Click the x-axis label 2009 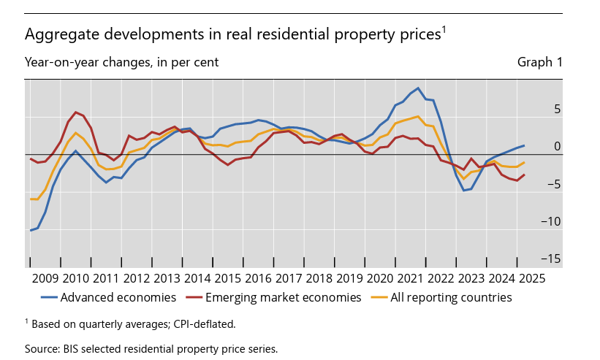[45, 277]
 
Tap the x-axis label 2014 [197, 277]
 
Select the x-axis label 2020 [379, 277]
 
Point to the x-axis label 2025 [531, 277]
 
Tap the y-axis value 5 [557, 109]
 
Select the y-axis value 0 [557, 146]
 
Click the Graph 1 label [540, 63]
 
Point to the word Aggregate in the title [56, 34]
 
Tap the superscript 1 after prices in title [443, 29]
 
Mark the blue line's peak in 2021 [418, 88]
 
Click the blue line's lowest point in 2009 [31, 230]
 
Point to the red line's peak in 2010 [76, 112]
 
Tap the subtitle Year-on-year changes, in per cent [121, 63]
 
